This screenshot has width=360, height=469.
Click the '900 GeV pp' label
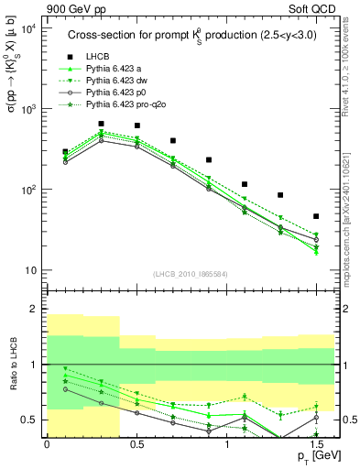click(72, 8)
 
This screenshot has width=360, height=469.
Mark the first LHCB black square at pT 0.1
click(65, 152)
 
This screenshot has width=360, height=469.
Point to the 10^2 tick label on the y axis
click(28, 190)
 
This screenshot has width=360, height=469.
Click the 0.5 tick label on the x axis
click(136, 443)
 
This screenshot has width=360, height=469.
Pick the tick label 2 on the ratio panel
click(34, 310)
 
